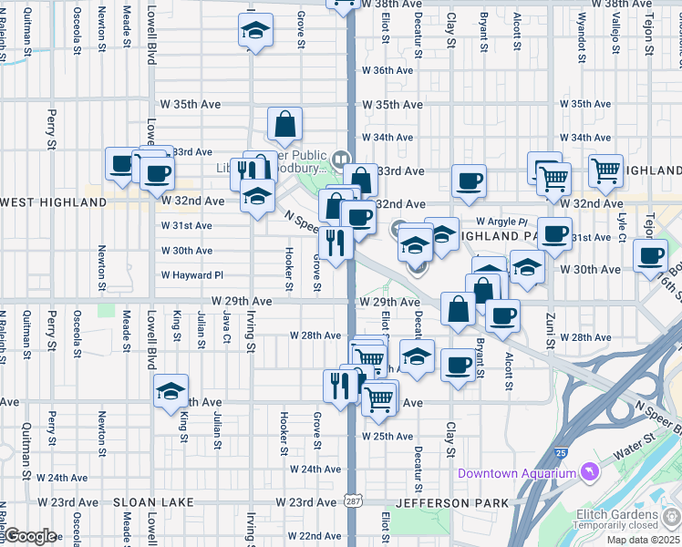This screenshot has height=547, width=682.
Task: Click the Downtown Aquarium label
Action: pyautogui.click(x=517, y=473)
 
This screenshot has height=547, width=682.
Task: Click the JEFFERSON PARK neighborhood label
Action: pyautogui.click(x=442, y=502)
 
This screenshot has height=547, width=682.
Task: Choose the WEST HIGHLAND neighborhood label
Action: pyautogui.click(x=53, y=201)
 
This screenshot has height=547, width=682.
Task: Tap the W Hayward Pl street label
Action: pyautogui.click(x=192, y=274)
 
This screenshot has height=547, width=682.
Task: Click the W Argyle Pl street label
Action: pyautogui.click(x=501, y=222)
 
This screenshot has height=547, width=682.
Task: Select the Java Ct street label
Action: pyautogui.click(x=226, y=329)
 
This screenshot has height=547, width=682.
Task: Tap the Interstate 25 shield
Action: pyautogui.click(x=559, y=450)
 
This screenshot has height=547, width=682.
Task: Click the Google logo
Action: pyautogui.click(x=30, y=536)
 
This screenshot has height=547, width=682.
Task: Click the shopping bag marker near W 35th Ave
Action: pyautogui.click(x=284, y=123)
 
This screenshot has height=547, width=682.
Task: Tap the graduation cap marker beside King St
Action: pyautogui.click(x=170, y=391)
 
